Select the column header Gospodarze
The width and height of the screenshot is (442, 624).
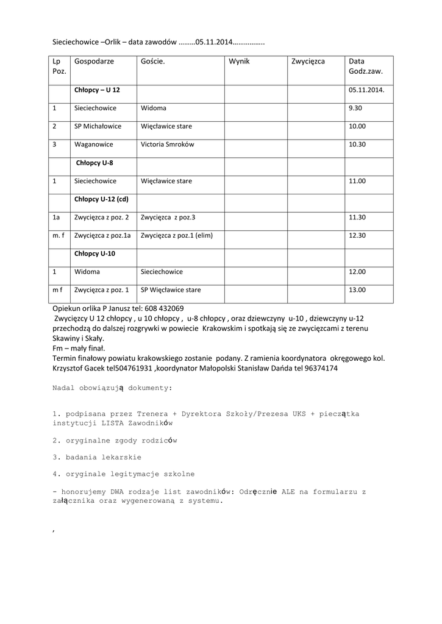(x=94, y=62)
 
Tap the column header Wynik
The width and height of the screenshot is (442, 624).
(x=239, y=62)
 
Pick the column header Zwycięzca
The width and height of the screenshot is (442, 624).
(x=308, y=62)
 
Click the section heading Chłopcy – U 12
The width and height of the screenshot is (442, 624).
(x=97, y=90)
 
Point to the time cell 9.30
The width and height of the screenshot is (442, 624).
(x=355, y=108)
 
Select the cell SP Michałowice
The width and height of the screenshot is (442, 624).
(x=98, y=126)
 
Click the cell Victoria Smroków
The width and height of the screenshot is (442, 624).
(x=167, y=144)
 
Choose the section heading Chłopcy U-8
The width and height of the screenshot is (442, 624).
(x=94, y=163)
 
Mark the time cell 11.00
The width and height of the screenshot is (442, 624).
(x=357, y=181)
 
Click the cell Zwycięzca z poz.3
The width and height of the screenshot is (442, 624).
(x=168, y=217)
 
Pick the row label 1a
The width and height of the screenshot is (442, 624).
(x=56, y=217)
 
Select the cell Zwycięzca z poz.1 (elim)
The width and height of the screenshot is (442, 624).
(x=177, y=235)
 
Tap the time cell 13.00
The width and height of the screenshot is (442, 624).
(x=357, y=290)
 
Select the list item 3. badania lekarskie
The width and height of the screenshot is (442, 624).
(x=97, y=456)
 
